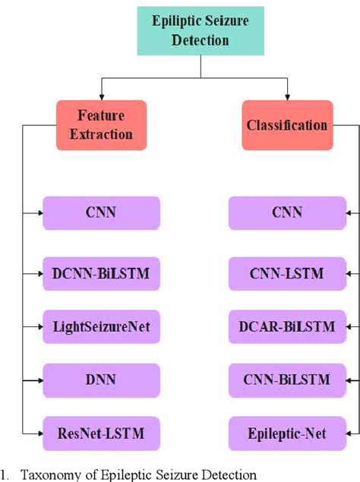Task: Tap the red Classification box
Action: [x=286, y=124]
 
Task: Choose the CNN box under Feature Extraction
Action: [x=101, y=213]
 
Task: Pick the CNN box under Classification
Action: [x=286, y=213]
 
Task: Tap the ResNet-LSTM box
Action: [x=101, y=434]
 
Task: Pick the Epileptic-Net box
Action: [x=286, y=434]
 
